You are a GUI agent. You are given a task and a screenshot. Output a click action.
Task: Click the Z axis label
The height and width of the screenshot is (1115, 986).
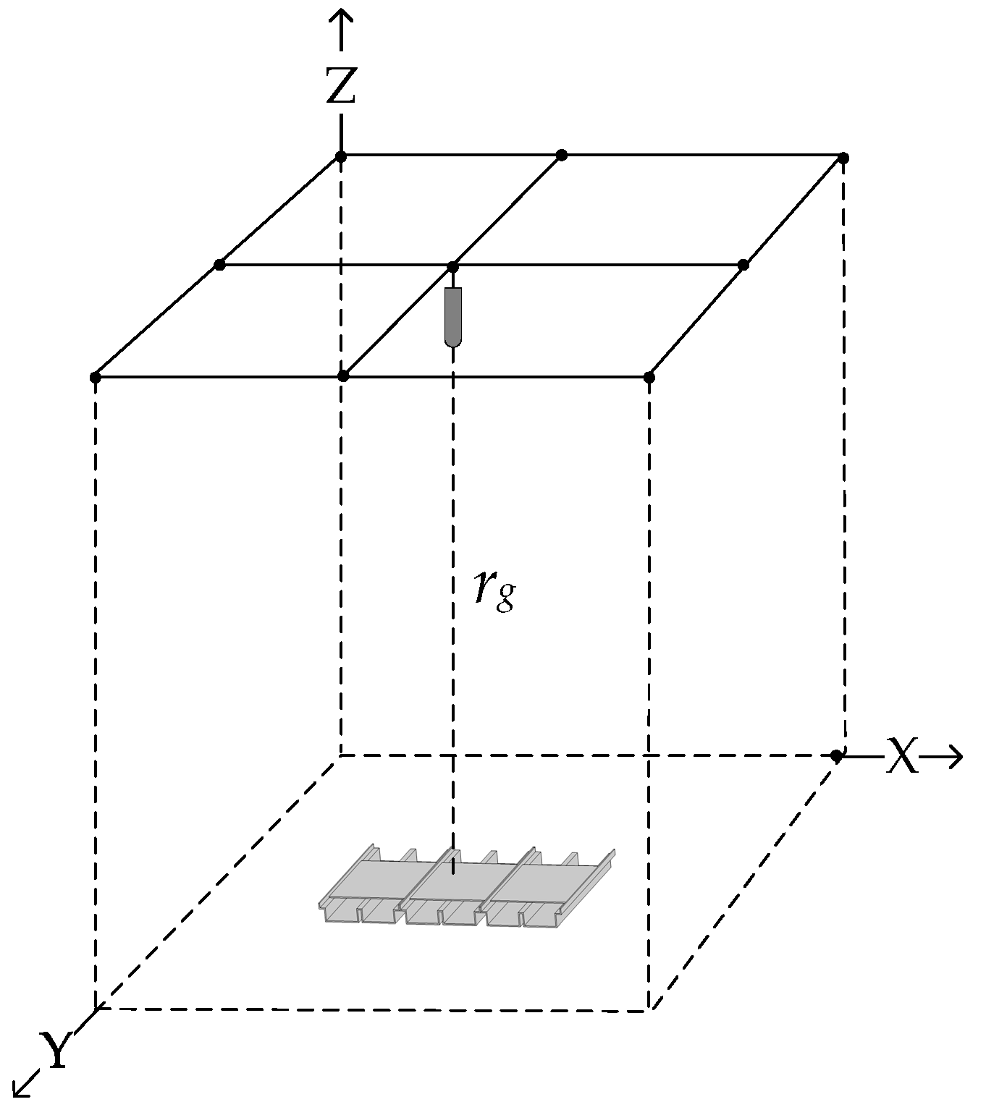340,85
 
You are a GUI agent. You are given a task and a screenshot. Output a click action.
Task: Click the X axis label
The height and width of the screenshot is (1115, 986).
902,757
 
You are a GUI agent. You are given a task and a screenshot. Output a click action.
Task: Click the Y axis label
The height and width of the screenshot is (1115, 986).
54,1051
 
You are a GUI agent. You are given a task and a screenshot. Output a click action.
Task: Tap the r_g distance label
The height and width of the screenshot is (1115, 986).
494,590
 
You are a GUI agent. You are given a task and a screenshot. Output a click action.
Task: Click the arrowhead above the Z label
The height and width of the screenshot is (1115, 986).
340,22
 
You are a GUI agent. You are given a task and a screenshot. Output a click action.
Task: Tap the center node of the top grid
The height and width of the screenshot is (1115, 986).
452,266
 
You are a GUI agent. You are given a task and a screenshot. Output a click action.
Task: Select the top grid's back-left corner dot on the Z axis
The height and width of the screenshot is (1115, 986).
341,156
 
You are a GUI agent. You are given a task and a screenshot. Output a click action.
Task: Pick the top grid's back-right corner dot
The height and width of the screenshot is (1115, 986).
843,157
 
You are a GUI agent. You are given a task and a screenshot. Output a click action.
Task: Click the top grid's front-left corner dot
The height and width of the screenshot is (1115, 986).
95,377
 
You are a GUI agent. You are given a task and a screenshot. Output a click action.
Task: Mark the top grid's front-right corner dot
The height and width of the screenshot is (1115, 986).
649,377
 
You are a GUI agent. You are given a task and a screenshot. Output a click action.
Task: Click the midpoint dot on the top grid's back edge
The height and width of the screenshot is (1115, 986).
562,155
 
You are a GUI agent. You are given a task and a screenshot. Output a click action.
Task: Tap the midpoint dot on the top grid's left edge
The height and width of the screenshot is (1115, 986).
220,265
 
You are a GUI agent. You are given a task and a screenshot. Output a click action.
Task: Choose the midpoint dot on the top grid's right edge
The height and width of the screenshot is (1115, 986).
743,265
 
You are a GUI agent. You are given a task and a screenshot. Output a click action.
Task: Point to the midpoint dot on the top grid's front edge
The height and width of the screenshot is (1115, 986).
344,376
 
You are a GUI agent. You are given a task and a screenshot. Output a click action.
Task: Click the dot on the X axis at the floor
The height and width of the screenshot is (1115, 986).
836,756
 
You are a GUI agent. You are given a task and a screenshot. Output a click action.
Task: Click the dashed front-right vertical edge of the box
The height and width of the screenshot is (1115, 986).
649,687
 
